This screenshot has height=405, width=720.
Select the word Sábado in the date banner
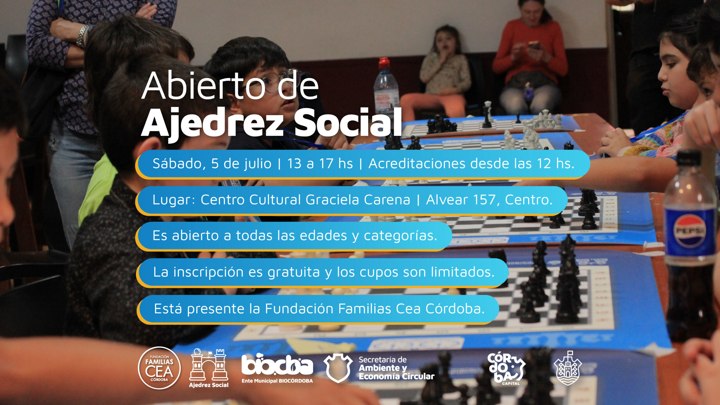coord(179,164)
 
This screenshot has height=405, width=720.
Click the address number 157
coord(486,200)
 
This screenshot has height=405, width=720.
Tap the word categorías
coord(400,236)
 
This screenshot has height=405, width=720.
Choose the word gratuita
coord(293,272)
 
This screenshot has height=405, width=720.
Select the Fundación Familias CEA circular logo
coord(159,368)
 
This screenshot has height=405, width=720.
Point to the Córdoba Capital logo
coord(506,369)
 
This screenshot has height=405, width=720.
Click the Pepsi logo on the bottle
coord(689,231)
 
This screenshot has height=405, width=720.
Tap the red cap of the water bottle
coord(384,64)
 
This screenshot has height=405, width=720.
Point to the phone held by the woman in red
coord(534,45)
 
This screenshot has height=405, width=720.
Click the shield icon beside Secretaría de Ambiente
coord(338,368)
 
